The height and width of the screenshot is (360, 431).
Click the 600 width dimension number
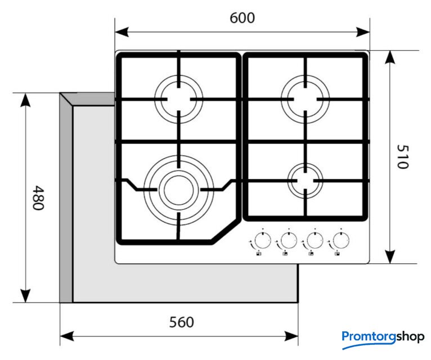(243, 18)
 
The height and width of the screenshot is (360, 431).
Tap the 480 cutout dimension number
(37, 197)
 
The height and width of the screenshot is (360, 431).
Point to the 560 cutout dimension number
(181, 322)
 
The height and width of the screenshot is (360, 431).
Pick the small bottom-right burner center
(306, 181)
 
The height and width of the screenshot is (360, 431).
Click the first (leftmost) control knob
(261, 241)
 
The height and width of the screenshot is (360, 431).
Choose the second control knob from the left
(288, 241)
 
